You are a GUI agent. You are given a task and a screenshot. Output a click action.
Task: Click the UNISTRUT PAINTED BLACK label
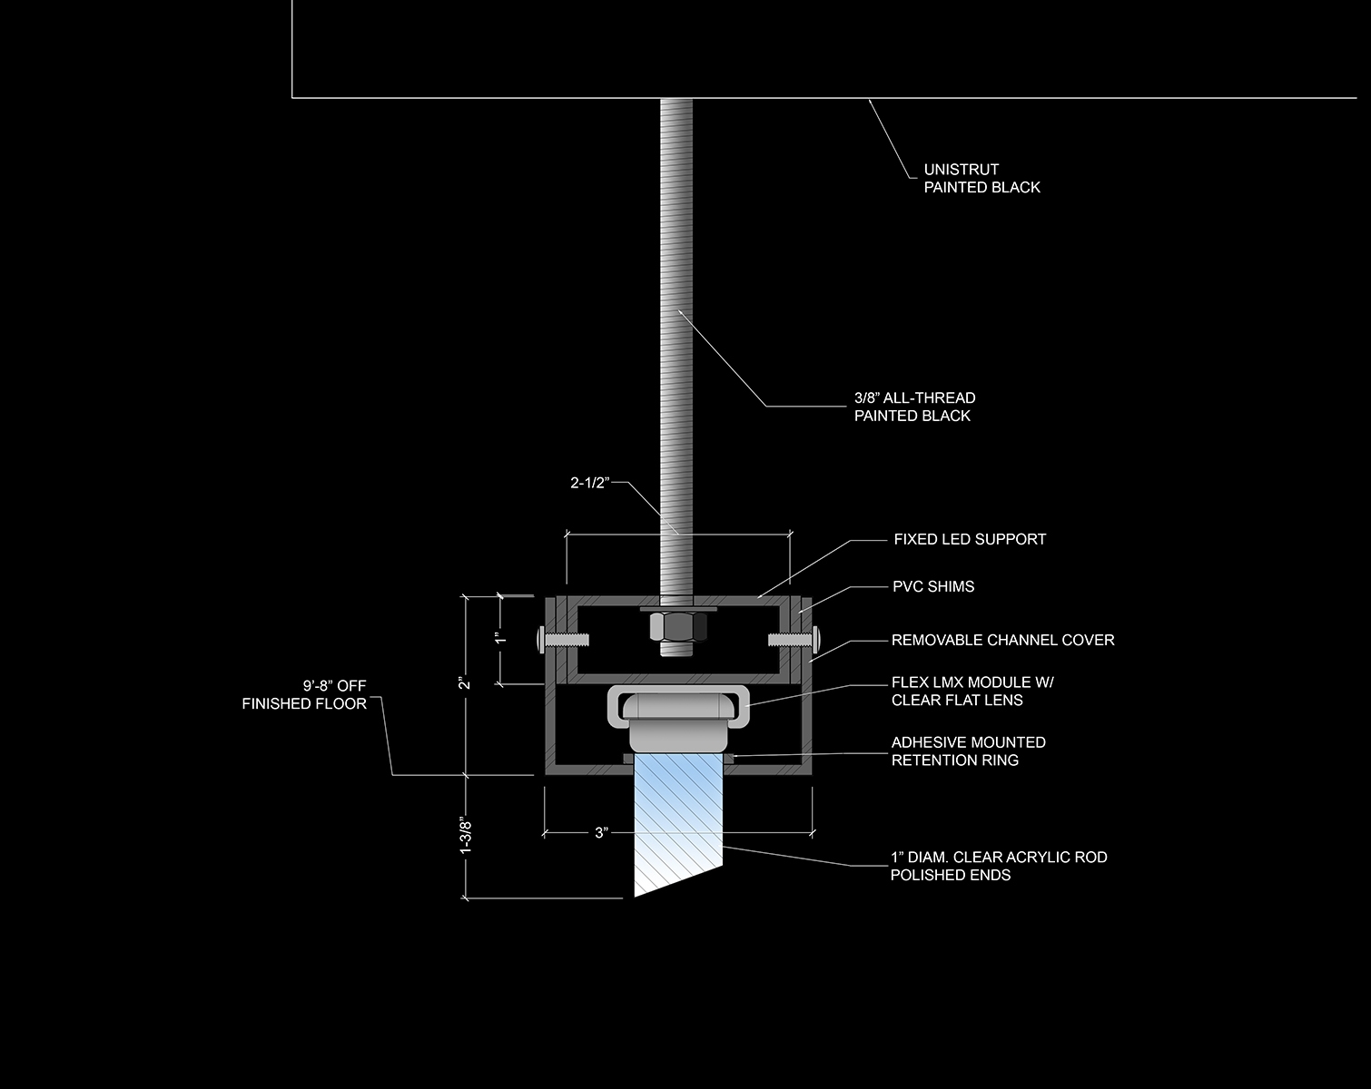point(981,179)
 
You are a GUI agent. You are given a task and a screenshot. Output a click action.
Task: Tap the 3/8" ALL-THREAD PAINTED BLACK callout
point(914,407)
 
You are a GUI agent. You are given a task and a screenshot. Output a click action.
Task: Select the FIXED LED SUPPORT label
point(970,539)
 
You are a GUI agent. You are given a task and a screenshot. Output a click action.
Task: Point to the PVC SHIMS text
point(932,586)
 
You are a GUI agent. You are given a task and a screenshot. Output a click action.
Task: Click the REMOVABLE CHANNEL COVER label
point(1002,640)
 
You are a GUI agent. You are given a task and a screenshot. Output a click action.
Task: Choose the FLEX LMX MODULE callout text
point(972,692)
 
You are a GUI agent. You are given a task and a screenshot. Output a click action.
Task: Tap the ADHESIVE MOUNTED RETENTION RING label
point(968,751)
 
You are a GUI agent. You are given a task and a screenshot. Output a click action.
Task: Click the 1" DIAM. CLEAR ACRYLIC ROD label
point(998,866)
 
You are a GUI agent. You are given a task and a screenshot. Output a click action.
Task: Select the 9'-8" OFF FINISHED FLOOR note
point(304,695)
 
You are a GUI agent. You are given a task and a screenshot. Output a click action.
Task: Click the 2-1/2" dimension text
point(588,484)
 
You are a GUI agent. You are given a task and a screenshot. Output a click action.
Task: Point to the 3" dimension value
point(601,832)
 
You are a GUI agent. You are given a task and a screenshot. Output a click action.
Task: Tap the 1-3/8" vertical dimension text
point(466,837)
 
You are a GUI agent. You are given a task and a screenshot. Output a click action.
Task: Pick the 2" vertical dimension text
point(465,683)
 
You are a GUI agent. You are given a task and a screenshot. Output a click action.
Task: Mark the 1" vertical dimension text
point(498,637)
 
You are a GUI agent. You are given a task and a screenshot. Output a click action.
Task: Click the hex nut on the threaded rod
point(676,627)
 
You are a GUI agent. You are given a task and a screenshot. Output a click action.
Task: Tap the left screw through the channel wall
point(562,640)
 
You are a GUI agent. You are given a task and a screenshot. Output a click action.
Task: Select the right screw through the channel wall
point(792,640)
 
